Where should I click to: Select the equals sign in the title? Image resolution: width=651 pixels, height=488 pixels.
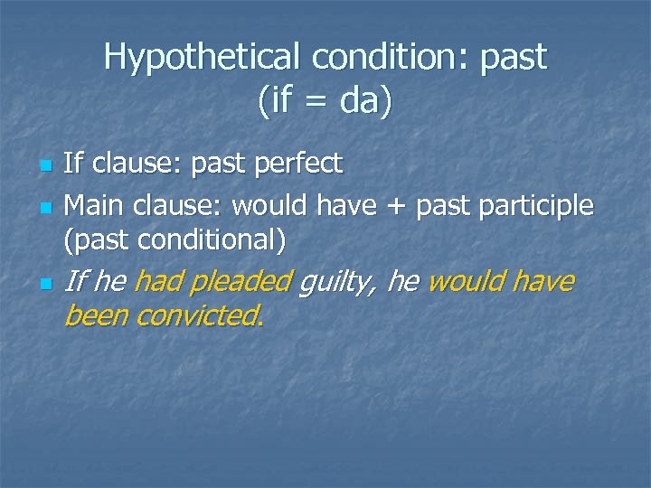click(x=318, y=101)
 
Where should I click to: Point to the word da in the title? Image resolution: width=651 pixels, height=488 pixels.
click(x=360, y=101)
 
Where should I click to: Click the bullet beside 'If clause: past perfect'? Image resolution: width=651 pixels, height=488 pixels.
click(x=46, y=167)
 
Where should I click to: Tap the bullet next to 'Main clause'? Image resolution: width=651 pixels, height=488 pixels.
click(x=46, y=209)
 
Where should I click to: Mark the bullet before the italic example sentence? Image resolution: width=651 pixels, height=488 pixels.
click(x=46, y=285)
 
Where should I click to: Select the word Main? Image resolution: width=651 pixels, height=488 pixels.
click(x=95, y=206)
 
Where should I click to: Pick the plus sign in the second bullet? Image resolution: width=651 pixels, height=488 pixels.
click(x=395, y=207)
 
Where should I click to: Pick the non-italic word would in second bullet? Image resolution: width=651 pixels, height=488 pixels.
click(x=270, y=206)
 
